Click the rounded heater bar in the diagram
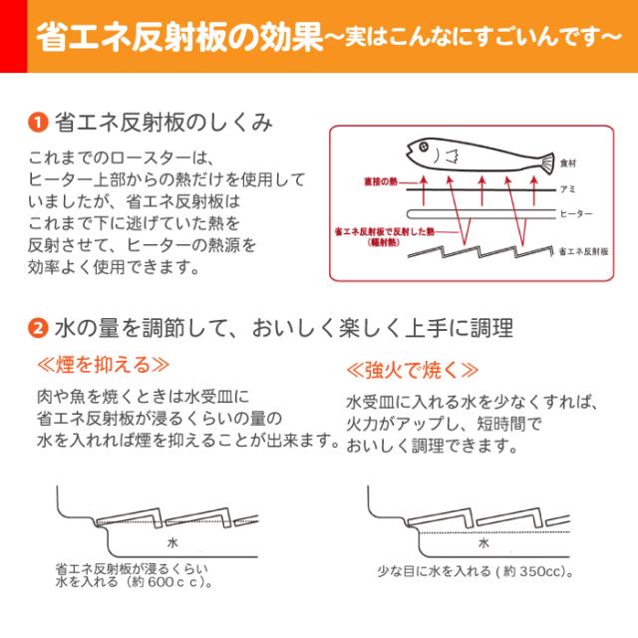pyautogui.click(x=478, y=213)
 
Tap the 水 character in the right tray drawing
pyautogui.click(x=483, y=543)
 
